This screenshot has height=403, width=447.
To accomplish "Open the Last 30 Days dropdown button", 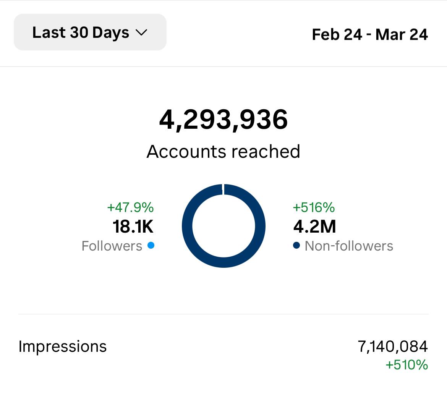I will [90, 32].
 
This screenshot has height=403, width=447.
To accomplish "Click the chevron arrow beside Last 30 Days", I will [141, 33].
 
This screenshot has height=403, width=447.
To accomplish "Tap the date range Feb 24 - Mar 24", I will [370, 34].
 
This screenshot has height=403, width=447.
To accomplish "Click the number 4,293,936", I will [223, 120].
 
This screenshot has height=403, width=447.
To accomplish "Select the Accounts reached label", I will [223, 152].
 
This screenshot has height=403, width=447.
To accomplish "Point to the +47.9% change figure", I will [130, 207].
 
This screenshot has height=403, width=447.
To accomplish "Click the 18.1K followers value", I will [133, 227].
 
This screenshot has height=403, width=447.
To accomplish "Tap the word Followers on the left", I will [112, 246].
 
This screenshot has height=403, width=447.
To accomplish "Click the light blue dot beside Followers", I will [151, 246].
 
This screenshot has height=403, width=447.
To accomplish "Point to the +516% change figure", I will [314, 207].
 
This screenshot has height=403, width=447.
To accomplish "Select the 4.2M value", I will [315, 227].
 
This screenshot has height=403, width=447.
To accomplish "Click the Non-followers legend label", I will [349, 246].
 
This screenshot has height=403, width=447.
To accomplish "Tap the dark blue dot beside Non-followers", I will [296, 246].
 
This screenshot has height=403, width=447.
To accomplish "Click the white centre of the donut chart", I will [223, 226].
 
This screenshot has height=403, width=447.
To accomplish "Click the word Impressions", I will [63, 346].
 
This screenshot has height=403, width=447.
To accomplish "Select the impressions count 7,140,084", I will [393, 346].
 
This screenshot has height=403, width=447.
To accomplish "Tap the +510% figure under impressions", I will [407, 365].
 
